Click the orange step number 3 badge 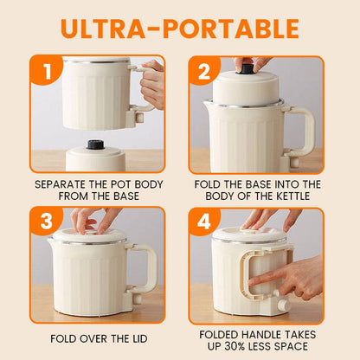click(46, 222)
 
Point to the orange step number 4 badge click(202, 222)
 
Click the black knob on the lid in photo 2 click(247, 67)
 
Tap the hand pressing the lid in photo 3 click(87, 220)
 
